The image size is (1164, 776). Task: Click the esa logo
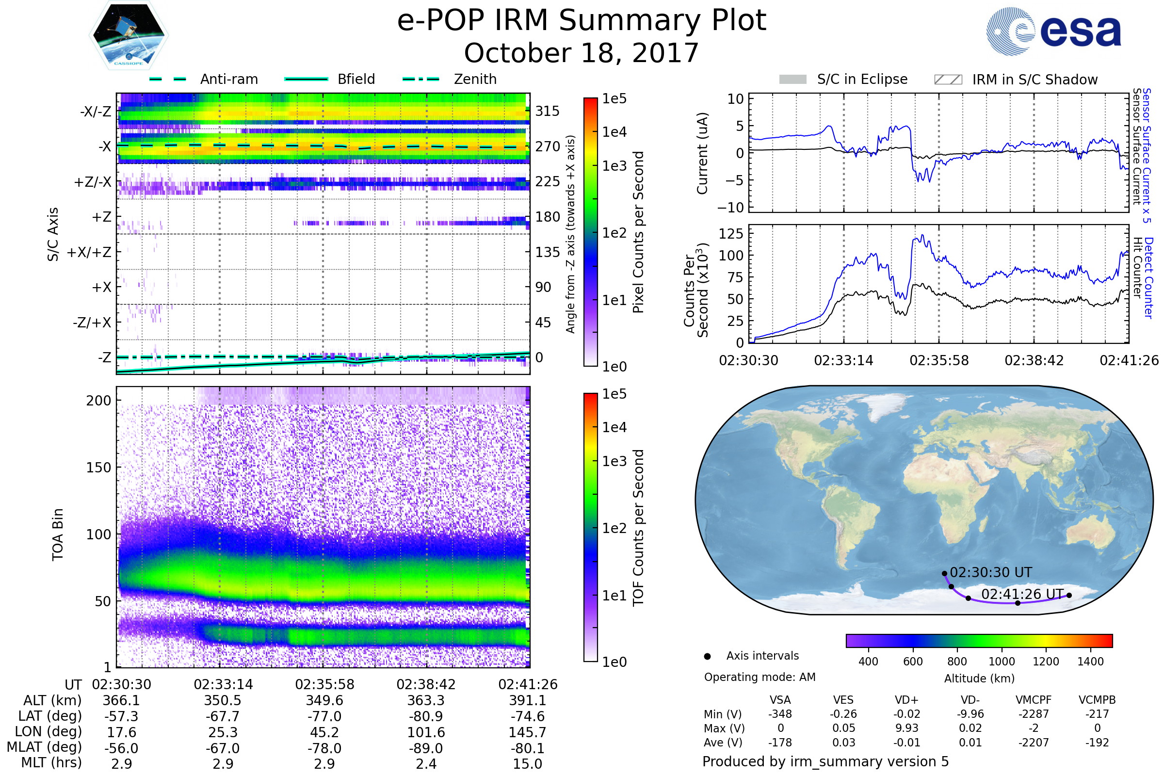[x=1053, y=31]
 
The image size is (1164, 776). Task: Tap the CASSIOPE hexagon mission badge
[x=129, y=35]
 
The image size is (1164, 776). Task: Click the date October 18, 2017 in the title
[x=582, y=53]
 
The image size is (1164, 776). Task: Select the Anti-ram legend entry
[x=204, y=79]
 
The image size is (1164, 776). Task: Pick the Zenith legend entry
[x=450, y=79]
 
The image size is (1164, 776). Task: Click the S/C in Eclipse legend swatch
[x=793, y=79]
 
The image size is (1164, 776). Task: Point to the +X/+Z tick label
[x=89, y=252]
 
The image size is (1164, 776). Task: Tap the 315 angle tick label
[x=548, y=111]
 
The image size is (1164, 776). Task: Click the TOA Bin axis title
[x=57, y=534]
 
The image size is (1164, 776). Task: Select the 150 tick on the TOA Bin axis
[x=98, y=468]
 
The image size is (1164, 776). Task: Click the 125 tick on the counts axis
[x=731, y=234]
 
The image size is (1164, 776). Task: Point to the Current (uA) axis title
[x=702, y=153]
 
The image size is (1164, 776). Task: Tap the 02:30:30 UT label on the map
[x=991, y=573]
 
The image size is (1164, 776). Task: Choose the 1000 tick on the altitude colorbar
[x=1002, y=662]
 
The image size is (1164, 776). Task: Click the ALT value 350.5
[x=223, y=701]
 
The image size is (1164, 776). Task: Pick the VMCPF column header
[x=1034, y=700]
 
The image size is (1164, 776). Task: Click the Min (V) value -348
[x=780, y=714]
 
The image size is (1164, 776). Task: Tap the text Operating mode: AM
[x=760, y=677]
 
